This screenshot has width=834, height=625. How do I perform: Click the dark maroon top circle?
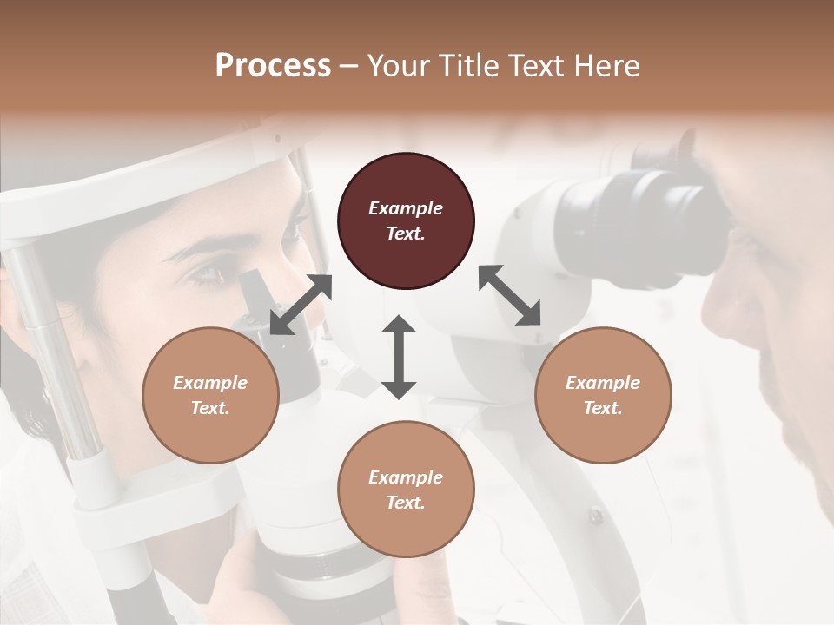(x=406, y=220)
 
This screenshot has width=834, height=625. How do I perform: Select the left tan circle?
(x=210, y=395)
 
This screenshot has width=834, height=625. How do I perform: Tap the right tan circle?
(x=603, y=395)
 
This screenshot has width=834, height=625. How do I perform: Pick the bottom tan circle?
(x=406, y=490)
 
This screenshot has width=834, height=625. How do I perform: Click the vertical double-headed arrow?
(x=399, y=357)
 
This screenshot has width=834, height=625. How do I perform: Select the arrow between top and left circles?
(x=301, y=305)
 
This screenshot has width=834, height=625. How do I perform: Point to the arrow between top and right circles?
(x=510, y=295)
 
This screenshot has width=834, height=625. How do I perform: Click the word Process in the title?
(x=273, y=65)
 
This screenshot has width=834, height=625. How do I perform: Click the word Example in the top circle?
(x=406, y=208)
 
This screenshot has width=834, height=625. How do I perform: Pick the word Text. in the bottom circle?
(x=406, y=503)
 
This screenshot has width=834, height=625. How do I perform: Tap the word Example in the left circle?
(x=210, y=383)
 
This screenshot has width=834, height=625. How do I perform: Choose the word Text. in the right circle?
(x=603, y=408)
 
